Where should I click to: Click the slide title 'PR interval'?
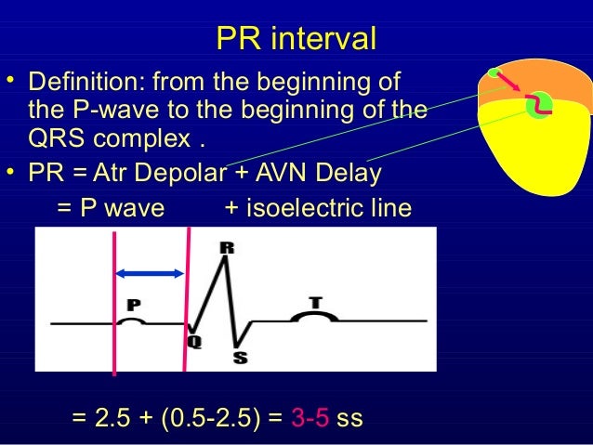click(296, 39)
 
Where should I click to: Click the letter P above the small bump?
click(133, 305)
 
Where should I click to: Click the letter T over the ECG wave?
click(316, 302)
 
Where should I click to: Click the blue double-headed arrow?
click(149, 272)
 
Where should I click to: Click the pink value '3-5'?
click(310, 418)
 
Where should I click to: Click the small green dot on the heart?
click(494, 73)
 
